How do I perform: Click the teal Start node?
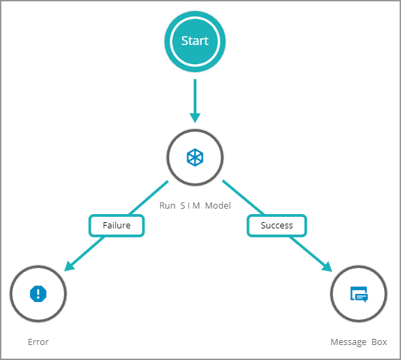pos(195,42)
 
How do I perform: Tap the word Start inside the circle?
pos(195,41)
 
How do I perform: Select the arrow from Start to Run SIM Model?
pos(195,101)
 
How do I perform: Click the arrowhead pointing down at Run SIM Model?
pos(195,118)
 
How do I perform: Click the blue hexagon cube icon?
pos(195,157)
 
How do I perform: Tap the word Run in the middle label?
pos(167,206)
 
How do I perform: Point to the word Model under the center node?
pos(218,206)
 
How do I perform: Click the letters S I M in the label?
pos(190,206)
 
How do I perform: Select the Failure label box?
pos(117,226)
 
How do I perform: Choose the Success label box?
pos(277,226)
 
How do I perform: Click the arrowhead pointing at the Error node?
pos(69,266)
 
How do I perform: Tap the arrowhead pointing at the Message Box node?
pos(327,267)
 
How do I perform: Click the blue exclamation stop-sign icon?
pos(38,294)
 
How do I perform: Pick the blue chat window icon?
pos(359,295)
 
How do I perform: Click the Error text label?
pos(38,342)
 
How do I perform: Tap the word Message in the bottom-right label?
pos(348,342)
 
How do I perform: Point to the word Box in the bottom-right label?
pos(379,342)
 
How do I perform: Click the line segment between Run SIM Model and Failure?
pos(149,198)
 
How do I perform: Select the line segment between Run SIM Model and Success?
pos(243,197)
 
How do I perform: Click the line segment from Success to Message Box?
pos(310,254)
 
